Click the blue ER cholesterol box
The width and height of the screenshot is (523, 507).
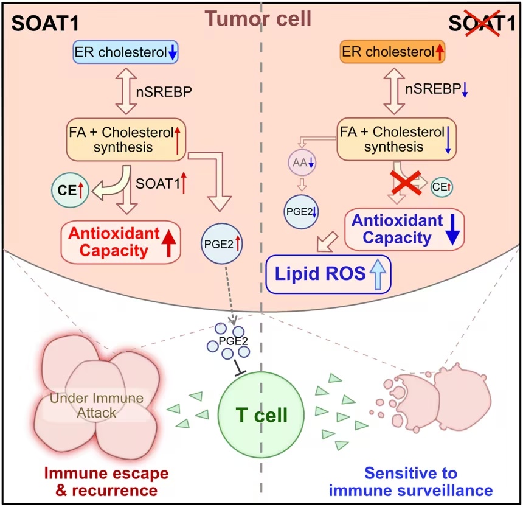click(x=126, y=52)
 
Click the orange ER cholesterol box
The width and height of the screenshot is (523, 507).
click(x=392, y=52)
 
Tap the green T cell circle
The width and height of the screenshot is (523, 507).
click(x=261, y=414)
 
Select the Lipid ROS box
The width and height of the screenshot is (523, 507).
click(x=328, y=274)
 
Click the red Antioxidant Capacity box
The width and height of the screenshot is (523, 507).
click(x=121, y=242)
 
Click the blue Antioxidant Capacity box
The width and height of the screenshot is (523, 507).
click(x=404, y=229)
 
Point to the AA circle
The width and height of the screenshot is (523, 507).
click(x=302, y=163)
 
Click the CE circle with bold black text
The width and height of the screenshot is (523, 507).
click(x=70, y=190)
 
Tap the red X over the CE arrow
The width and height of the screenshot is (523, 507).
click(x=406, y=182)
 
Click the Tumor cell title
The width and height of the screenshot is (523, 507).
click(x=258, y=18)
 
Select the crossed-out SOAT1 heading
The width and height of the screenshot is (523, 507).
click(x=482, y=23)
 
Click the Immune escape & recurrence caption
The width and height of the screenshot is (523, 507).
click(x=106, y=481)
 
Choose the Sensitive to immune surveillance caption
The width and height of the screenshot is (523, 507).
click(x=410, y=481)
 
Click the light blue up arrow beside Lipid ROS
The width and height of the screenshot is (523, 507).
click(x=378, y=274)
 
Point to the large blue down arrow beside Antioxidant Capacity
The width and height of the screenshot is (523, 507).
click(x=452, y=229)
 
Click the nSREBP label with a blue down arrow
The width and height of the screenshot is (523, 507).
click(x=436, y=89)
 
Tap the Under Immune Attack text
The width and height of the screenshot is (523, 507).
click(x=97, y=405)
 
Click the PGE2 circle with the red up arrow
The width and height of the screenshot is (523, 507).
click(x=222, y=243)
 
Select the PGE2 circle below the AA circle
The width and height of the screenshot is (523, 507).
click(x=301, y=212)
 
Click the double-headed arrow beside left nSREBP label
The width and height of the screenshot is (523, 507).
click(x=126, y=91)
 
